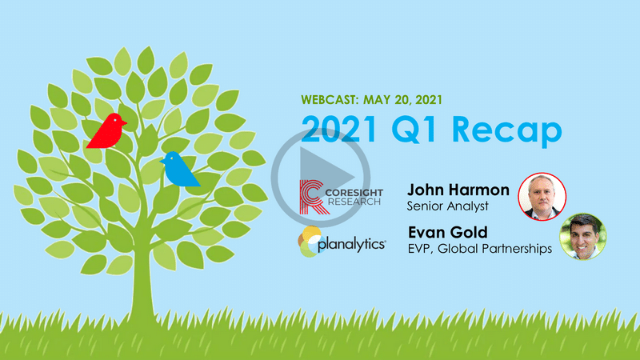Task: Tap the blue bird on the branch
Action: [x=179, y=170]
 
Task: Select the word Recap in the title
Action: [x=507, y=130]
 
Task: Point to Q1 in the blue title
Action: [x=415, y=130]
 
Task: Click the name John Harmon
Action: [x=458, y=190]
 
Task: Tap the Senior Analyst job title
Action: [x=447, y=206]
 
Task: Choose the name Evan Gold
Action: [x=448, y=232]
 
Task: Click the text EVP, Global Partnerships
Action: [x=480, y=249]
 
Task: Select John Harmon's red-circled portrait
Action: [x=542, y=197]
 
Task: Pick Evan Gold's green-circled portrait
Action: [x=583, y=236]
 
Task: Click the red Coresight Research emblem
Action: [x=314, y=197]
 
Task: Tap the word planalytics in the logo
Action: [x=351, y=245]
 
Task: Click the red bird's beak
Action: [x=124, y=122]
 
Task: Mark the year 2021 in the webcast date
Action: [x=429, y=100]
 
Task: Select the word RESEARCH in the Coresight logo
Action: [x=354, y=202]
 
